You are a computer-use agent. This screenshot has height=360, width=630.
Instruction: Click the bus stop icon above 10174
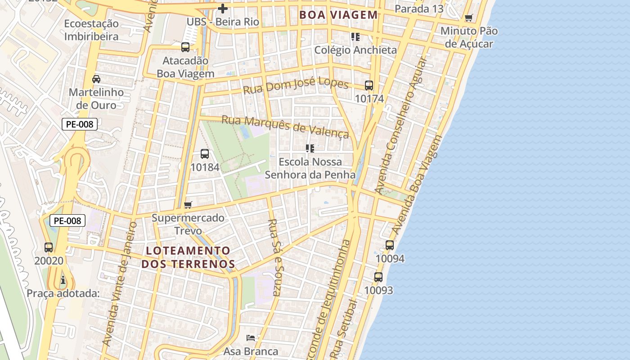(x=369, y=85)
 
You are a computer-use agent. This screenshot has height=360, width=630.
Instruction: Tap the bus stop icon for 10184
(x=205, y=154)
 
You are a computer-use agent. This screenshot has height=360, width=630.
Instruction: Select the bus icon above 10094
(x=390, y=245)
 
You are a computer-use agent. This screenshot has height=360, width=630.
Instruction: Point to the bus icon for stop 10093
(x=378, y=277)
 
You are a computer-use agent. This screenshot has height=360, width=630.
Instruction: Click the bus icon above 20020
(x=49, y=247)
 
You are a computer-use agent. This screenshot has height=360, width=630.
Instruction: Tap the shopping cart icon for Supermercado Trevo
(x=188, y=205)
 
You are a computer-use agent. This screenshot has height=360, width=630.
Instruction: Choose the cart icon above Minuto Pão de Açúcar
(x=469, y=18)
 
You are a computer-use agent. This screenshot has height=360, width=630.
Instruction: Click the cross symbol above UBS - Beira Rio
(x=223, y=8)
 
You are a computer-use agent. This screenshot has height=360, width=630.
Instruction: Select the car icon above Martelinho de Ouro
(x=96, y=79)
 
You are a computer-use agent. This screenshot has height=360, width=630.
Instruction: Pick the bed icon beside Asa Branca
(x=251, y=337)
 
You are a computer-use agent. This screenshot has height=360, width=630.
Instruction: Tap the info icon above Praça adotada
(x=63, y=280)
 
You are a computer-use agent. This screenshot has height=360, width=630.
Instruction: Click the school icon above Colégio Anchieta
(x=355, y=37)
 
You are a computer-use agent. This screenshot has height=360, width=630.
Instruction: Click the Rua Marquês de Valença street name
(x=285, y=126)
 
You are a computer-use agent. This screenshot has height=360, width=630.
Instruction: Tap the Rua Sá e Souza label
(x=274, y=257)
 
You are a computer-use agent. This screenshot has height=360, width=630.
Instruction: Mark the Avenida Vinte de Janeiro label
(x=119, y=283)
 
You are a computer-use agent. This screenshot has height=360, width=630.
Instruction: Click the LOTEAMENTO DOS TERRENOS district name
(x=188, y=257)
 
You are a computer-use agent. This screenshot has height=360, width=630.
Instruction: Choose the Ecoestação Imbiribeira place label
(x=91, y=30)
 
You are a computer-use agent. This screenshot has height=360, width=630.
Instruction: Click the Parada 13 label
(x=419, y=9)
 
